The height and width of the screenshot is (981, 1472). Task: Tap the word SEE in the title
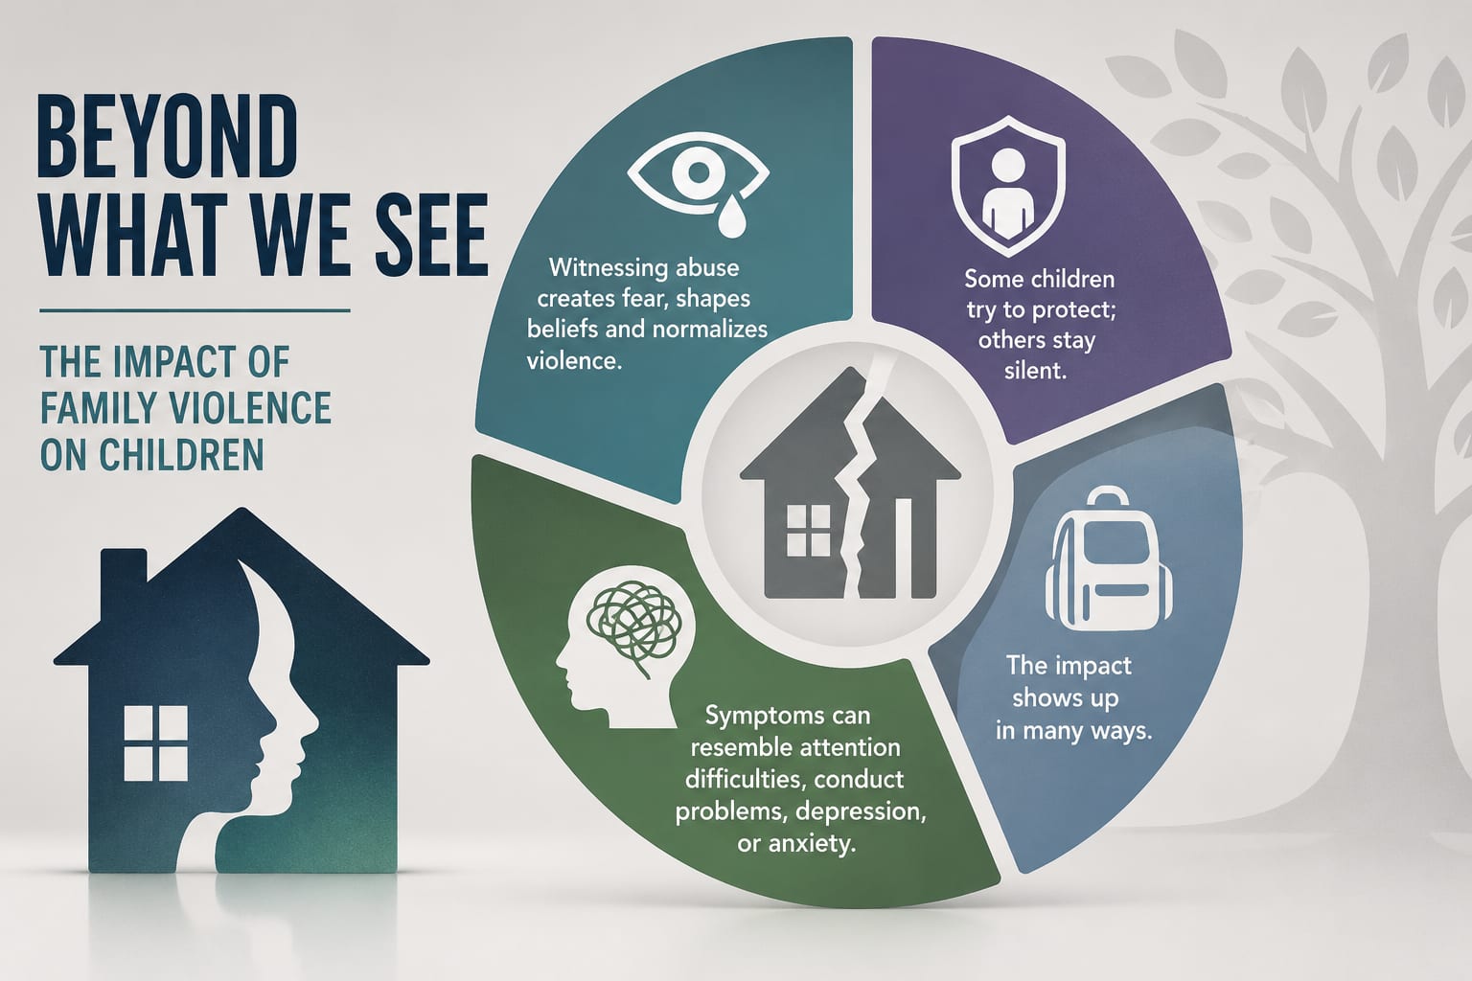tap(432, 235)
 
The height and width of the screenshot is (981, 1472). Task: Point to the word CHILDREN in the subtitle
tap(181, 454)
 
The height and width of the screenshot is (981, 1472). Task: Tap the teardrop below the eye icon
tap(731, 216)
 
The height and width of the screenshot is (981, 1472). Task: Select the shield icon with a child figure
tap(1008, 186)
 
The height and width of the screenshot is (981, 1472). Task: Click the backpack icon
tap(1109, 559)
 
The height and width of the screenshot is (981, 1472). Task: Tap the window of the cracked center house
tap(808, 531)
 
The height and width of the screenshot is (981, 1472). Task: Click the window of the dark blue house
tap(156, 743)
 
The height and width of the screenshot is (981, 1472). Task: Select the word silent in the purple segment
tap(1035, 371)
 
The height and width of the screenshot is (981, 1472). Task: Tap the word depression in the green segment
tap(861, 812)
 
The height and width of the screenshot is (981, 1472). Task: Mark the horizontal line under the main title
tap(195, 310)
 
